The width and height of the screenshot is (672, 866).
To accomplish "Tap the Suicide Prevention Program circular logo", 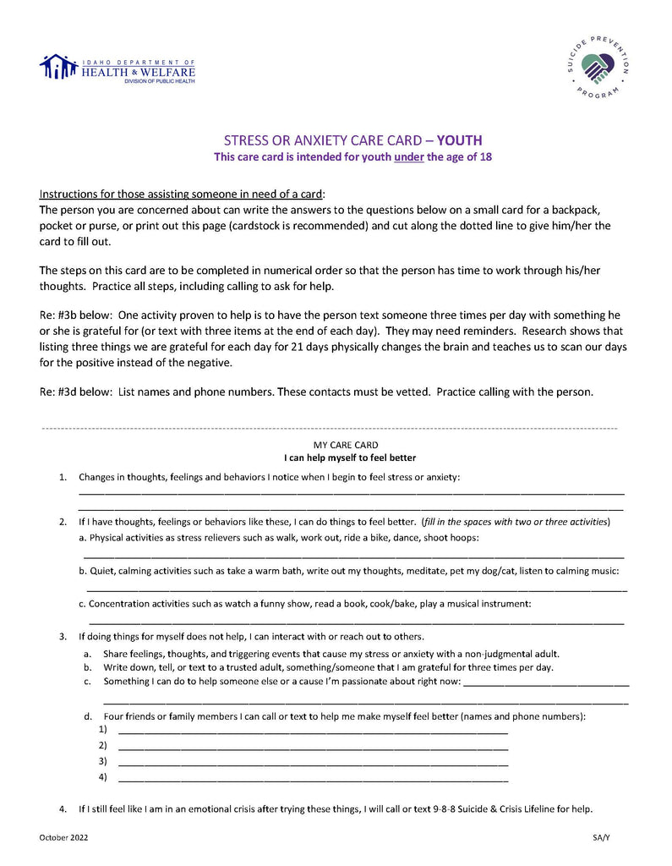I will click(598, 66).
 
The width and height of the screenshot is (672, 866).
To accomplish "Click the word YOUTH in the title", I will click(460, 140).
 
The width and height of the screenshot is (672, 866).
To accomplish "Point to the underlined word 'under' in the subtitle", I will click(409, 156).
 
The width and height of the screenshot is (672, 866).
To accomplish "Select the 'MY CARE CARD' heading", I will click(346, 445).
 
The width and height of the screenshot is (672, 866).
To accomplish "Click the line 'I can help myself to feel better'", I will click(350, 458).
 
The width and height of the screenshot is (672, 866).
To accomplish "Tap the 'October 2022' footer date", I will click(63, 837).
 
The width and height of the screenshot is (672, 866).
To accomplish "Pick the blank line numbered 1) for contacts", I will click(313, 730).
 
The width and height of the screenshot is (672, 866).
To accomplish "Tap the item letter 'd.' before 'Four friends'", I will click(87, 716).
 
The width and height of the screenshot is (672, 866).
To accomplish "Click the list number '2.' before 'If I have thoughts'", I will click(63, 522).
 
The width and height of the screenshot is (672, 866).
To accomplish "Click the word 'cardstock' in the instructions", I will click(402, 226).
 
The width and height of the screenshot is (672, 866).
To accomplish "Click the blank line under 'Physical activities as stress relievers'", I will click(353, 556).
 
